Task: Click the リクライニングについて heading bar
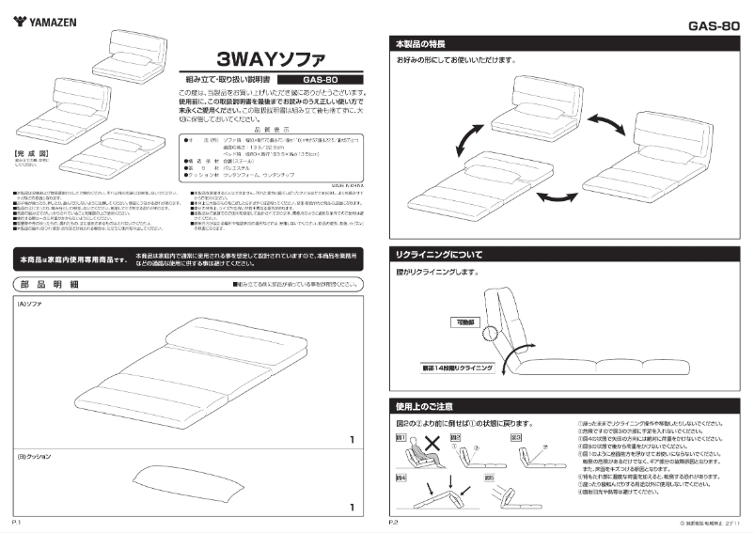point(440,254)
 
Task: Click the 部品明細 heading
point(48,284)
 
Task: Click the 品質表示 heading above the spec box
point(270,128)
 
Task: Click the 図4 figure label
point(401,478)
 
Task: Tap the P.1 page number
point(18,520)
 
